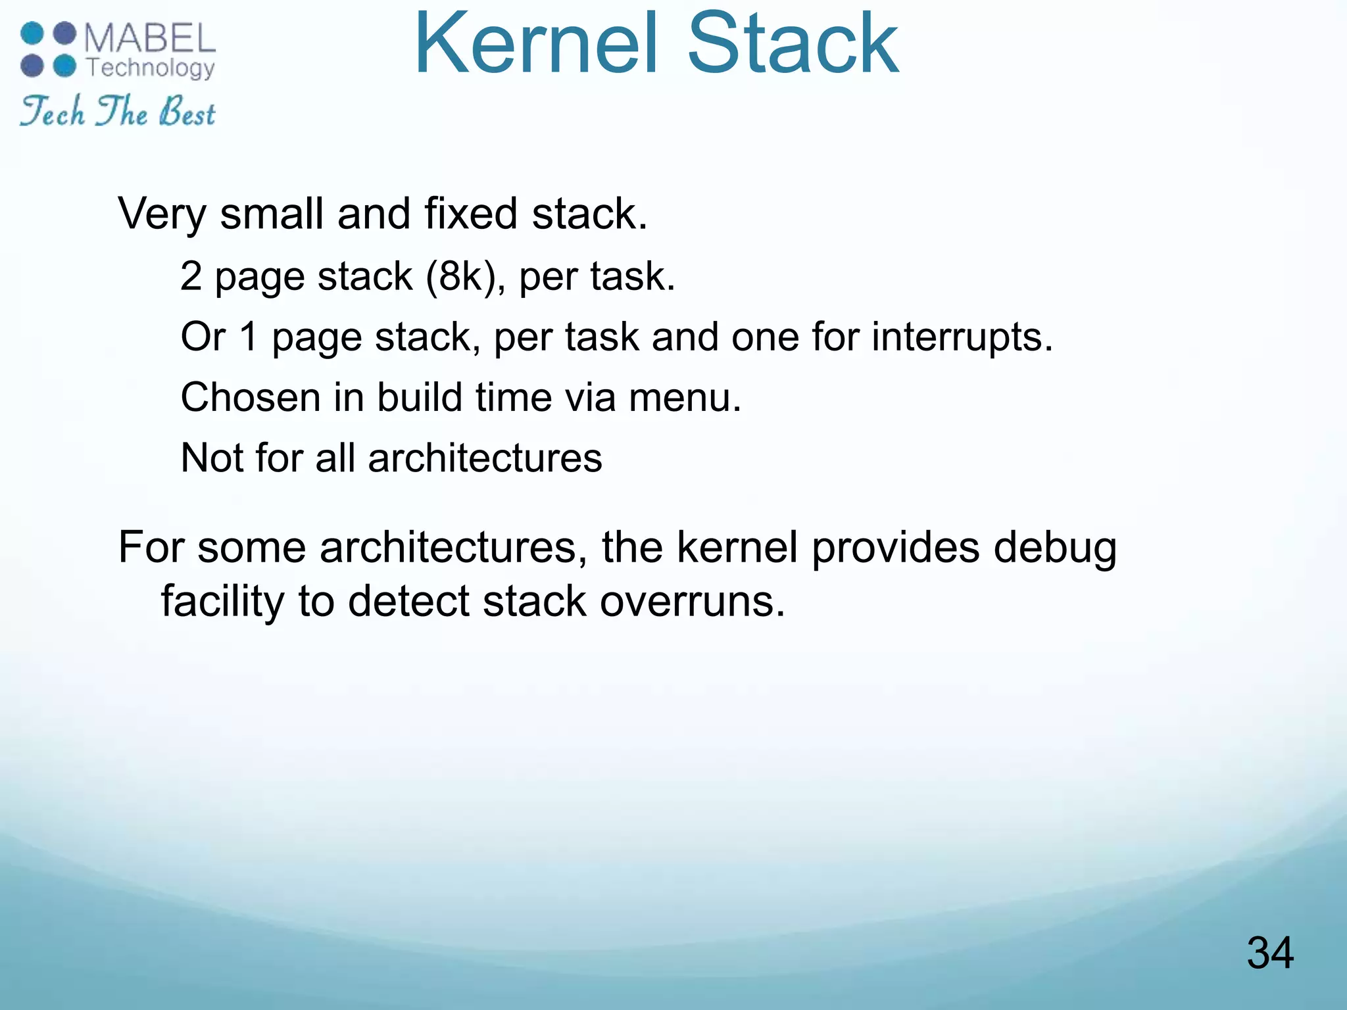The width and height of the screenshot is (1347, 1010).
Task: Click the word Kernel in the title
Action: click(536, 43)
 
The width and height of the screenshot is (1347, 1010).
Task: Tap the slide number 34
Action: click(1269, 953)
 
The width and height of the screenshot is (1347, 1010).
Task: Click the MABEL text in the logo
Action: click(150, 38)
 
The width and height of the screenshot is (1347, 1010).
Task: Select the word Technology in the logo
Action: click(151, 68)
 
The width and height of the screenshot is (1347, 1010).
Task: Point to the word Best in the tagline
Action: click(187, 112)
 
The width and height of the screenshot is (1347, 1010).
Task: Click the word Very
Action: click(161, 214)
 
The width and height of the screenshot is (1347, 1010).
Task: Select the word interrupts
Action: click(962, 337)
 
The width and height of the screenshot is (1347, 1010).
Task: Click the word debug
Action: click(1054, 548)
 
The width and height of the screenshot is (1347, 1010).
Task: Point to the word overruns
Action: click(692, 602)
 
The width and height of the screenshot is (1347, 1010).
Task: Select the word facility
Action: click(223, 602)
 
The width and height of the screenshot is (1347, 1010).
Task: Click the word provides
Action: click(895, 547)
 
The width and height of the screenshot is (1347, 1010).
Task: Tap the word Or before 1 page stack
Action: click(203, 337)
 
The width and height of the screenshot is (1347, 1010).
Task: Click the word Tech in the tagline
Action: click(53, 112)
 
